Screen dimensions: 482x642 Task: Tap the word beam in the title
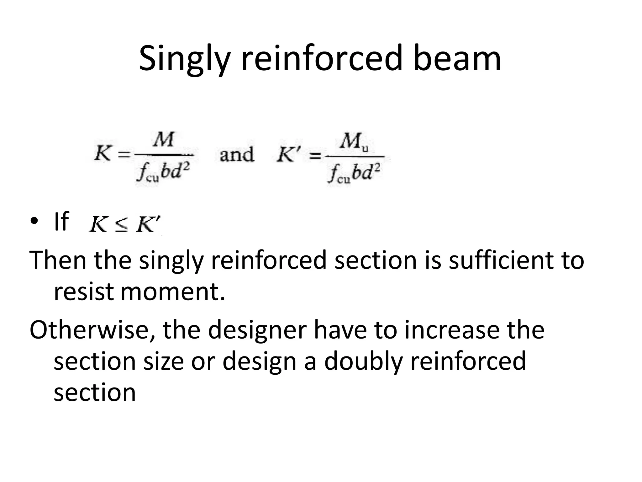tap(457, 58)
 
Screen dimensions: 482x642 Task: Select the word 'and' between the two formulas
tap(237, 155)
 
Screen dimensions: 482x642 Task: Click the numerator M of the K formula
tap(163, 139)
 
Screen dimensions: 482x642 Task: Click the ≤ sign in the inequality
tap(122, 226)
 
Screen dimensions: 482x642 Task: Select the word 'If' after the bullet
tap(61, 221)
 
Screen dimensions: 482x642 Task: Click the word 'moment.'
tap(173, 292)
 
